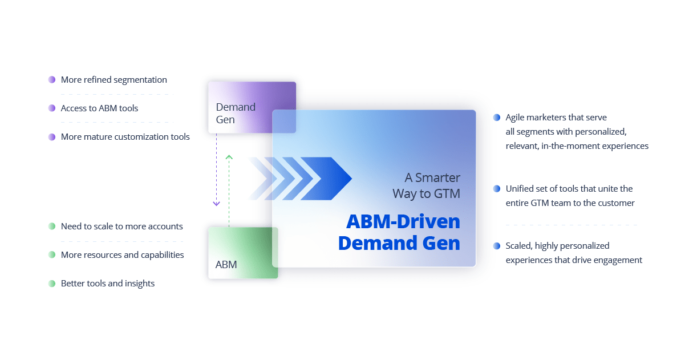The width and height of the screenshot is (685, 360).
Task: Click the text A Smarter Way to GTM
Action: [x=426, y=186]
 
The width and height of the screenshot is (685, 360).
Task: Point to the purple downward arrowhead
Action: [x=216, y=203]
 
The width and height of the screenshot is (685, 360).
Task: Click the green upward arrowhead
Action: [x=229, y=156]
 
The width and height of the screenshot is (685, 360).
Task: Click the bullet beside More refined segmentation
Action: [x=52, y=80]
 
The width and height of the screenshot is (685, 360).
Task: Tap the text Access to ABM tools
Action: [x=99, y=108]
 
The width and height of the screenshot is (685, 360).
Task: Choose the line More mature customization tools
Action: [x=125, y=137]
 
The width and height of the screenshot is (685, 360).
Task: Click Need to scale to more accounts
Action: [x=121, y=226]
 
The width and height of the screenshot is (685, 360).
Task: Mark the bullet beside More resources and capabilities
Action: [x=52, y=255]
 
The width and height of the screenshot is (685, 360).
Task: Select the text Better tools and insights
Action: [x=107, y=284]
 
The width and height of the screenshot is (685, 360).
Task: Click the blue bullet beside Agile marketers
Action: [x=497, y=118]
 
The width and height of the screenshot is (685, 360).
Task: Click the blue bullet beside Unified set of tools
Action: [x=497, y=189]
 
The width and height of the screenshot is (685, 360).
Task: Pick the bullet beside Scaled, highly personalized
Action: [x=497, y=246]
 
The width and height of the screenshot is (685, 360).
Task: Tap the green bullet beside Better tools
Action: [x=52, y=284]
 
